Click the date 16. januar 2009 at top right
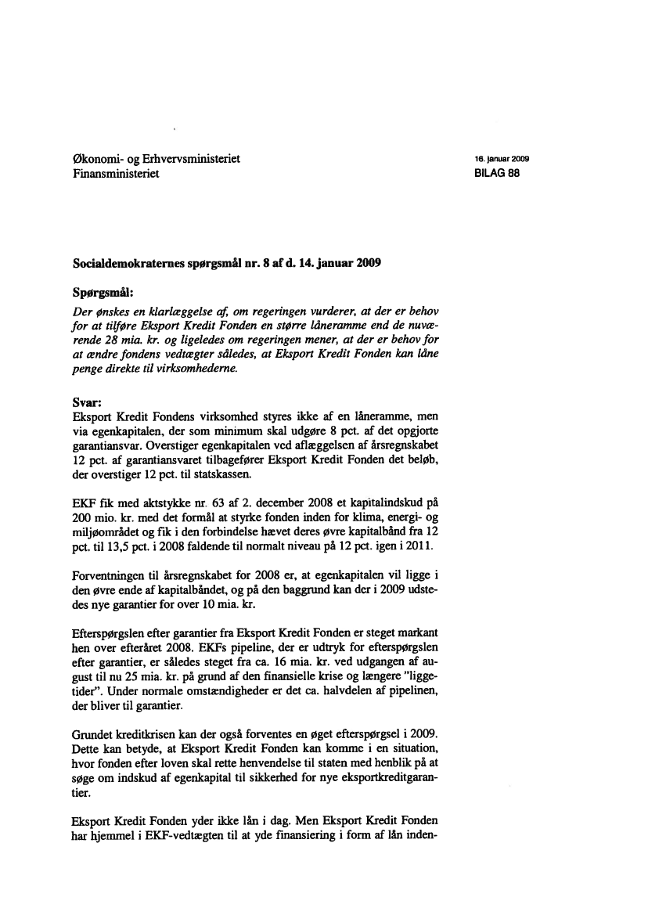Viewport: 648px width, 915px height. pos(503,159)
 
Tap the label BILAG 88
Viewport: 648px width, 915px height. pos(497,173)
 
